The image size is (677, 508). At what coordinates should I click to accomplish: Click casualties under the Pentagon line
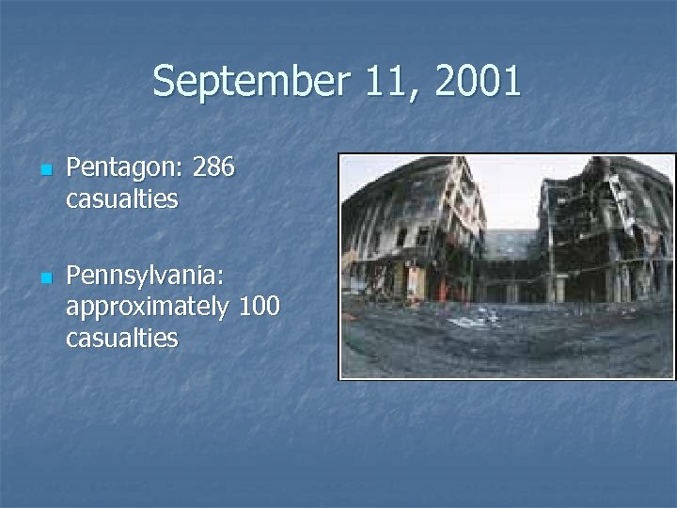click(x=122, y=199)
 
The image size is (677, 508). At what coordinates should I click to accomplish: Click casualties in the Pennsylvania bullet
click(x=122, y=338)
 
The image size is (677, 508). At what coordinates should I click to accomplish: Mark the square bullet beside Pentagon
click(x=44, y=171)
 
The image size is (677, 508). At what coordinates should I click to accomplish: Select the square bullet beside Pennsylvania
click(x=44, y=279)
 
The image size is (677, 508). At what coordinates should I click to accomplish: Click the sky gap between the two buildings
click(x=512, y=193)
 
